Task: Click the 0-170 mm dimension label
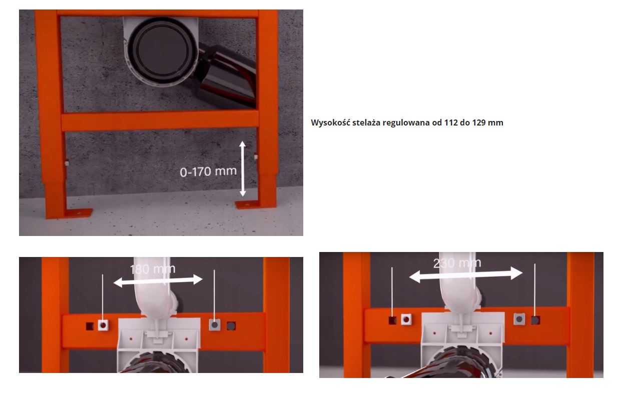208,171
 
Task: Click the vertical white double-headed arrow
243,168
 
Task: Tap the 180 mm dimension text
153,269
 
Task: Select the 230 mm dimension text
457,263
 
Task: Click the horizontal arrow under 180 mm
158,280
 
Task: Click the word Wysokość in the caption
330,122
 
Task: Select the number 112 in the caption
451,122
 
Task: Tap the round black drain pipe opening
163,50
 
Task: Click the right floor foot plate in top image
249,205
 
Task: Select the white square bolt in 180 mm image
103,325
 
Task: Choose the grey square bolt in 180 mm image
215,324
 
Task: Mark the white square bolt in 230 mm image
406,319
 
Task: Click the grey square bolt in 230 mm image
519,319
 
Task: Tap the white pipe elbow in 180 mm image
156,294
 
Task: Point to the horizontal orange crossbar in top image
160,121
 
